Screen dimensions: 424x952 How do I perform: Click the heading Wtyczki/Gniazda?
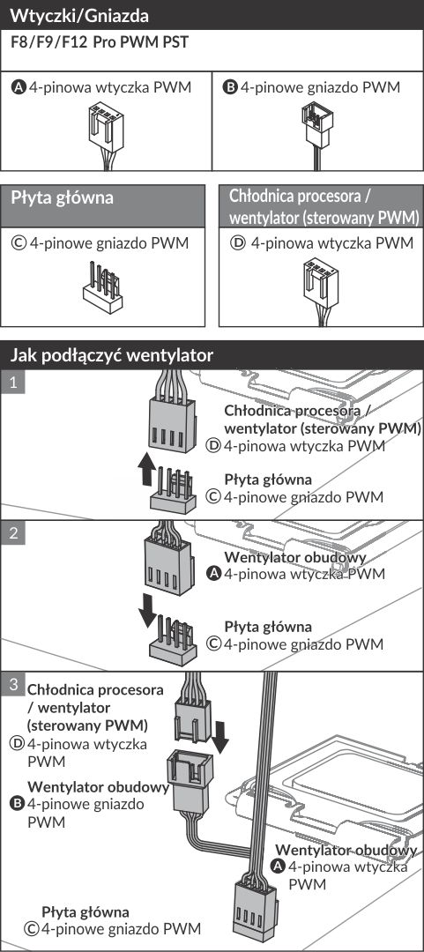point(79,15)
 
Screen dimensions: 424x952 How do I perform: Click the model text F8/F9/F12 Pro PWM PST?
point(100,43)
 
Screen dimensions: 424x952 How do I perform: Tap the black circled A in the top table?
point(19,87)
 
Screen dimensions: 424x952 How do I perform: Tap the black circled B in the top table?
point(230,87)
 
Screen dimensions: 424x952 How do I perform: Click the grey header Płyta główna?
point(63,198)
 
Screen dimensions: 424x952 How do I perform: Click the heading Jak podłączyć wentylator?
point(112,355)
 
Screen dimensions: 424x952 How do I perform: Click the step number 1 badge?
point(12,382)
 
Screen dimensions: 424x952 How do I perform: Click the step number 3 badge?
point(12,684)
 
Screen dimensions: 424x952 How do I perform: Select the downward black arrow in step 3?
point(221,736)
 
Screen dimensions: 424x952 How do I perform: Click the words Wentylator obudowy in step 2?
point(296,557)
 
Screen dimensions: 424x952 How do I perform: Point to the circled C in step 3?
point(30,928)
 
